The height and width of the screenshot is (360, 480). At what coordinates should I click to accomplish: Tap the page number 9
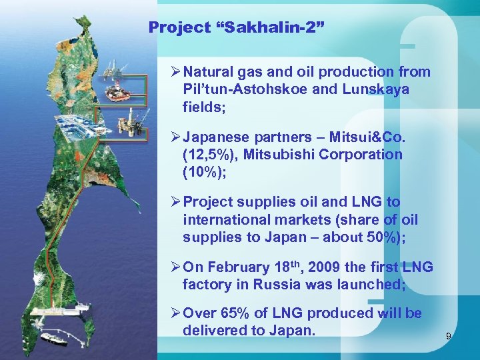(x=449, y=337)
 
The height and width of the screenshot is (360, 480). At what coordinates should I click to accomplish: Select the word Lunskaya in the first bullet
(x=382, y=89)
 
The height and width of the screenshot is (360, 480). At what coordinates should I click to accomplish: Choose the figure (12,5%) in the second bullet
(x=209, y=155)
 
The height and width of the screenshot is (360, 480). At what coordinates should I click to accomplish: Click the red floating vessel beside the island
(x=119, y=91)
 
